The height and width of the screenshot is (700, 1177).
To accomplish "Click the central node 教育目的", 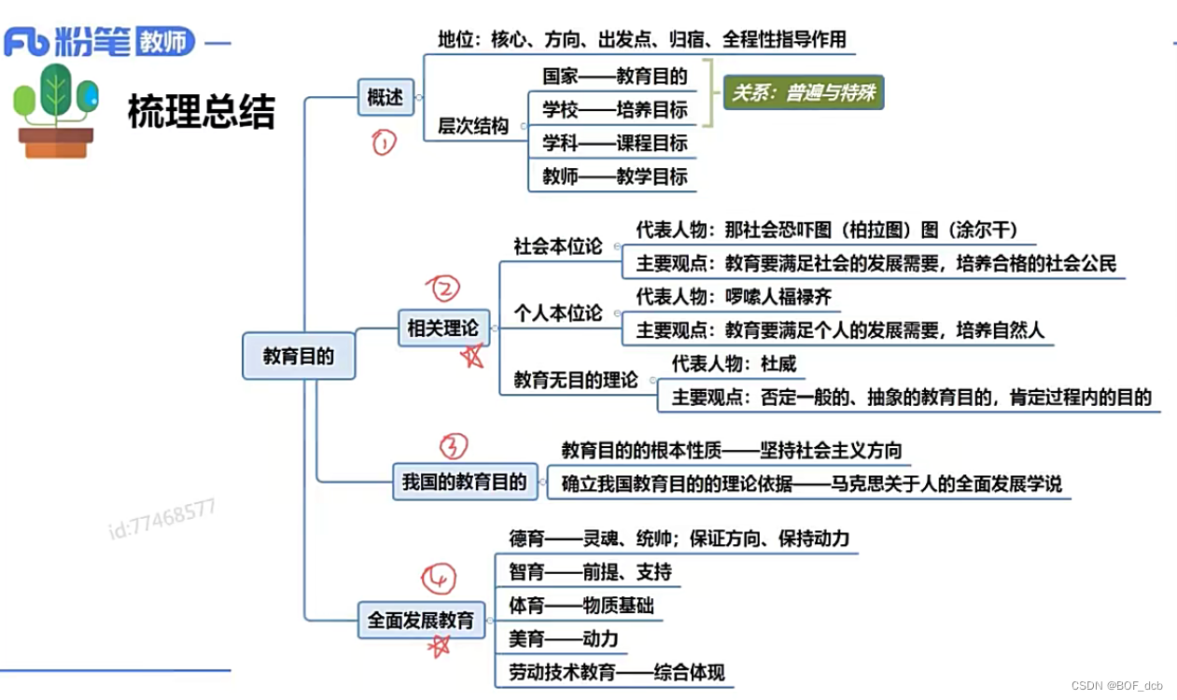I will pyautogui.click(x=299, y=356).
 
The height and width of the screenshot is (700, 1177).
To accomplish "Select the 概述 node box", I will pyautogui.click(x=385, y=96).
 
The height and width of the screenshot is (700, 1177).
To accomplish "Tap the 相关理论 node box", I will pyautogui.click(x=442, y=329).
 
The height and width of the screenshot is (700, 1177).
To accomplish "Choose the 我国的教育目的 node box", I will pyautogui.click(x=464, y=483).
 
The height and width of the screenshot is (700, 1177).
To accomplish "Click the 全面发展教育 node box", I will pyautogui.click(x=421, y=620).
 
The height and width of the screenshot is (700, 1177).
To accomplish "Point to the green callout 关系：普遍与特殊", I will pyautogui.click(x=804, y=93).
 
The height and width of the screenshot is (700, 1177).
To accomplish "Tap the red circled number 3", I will pyautogui.click(x=452, y=446).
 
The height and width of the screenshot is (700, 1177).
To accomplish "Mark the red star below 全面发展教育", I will pyautogui.click(x=439, y=646).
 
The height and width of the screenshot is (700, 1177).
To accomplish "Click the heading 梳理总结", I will pyautogui.click(x=202, y=112).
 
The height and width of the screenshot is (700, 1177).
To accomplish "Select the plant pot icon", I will pyautogui.click(x=56, y=112).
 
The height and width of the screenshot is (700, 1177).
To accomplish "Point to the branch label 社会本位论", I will pyautogui.click(x=558, y=246).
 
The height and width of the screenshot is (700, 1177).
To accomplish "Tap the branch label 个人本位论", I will pyautogui.click(x=558, y=313).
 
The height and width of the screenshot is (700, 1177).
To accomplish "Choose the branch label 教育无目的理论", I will pyautogui.click(x=576, y=380).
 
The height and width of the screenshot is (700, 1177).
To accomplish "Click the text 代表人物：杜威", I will pyautogui.click(x=735, y=364).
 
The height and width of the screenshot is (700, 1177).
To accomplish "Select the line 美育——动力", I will pyautogui.click(x=563, y=638).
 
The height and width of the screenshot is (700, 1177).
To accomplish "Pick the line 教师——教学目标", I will pyautogui.click(x=615, y=176).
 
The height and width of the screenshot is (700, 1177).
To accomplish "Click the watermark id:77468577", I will pyautogui.click(x=162, y=519).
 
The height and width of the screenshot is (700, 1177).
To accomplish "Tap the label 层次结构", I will pyautogui.click(x=473, y=126).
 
